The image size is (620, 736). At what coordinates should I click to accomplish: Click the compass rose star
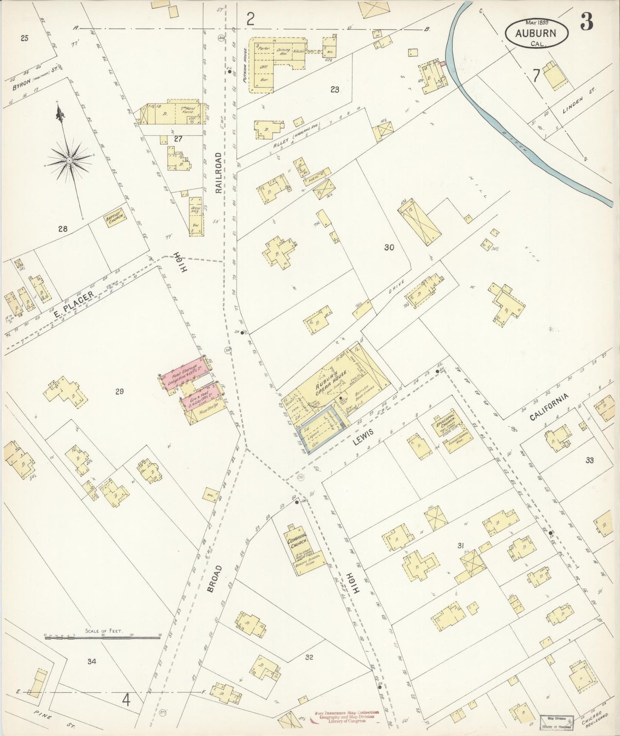69,160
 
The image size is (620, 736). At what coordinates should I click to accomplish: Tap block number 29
120,391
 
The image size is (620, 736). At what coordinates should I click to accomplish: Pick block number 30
389,247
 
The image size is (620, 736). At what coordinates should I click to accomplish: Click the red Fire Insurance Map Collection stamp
347,717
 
